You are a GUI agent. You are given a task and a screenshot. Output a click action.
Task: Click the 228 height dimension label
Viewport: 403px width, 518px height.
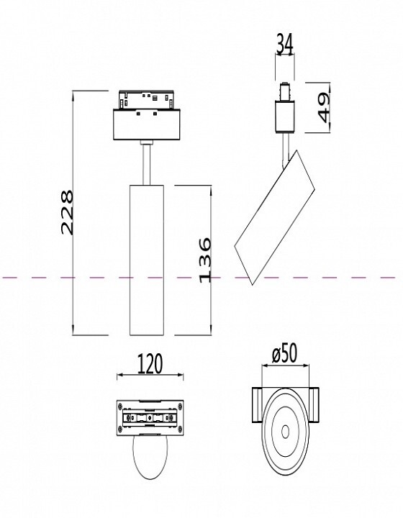tap(67, 212)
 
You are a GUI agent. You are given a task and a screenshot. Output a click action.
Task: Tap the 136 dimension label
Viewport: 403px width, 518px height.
tap(205, 260)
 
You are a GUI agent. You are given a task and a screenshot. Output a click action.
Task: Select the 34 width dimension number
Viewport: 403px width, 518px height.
tap(284, 44)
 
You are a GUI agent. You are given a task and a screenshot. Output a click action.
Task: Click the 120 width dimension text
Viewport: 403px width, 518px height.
tap(150, 364)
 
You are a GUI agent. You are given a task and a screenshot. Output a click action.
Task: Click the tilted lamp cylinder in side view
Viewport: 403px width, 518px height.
tap(274, 217)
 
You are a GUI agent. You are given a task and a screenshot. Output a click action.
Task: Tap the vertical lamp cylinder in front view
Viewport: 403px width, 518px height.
tap(147, 260)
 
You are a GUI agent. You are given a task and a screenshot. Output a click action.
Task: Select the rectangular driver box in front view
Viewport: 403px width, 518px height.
tap(147, 124)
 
